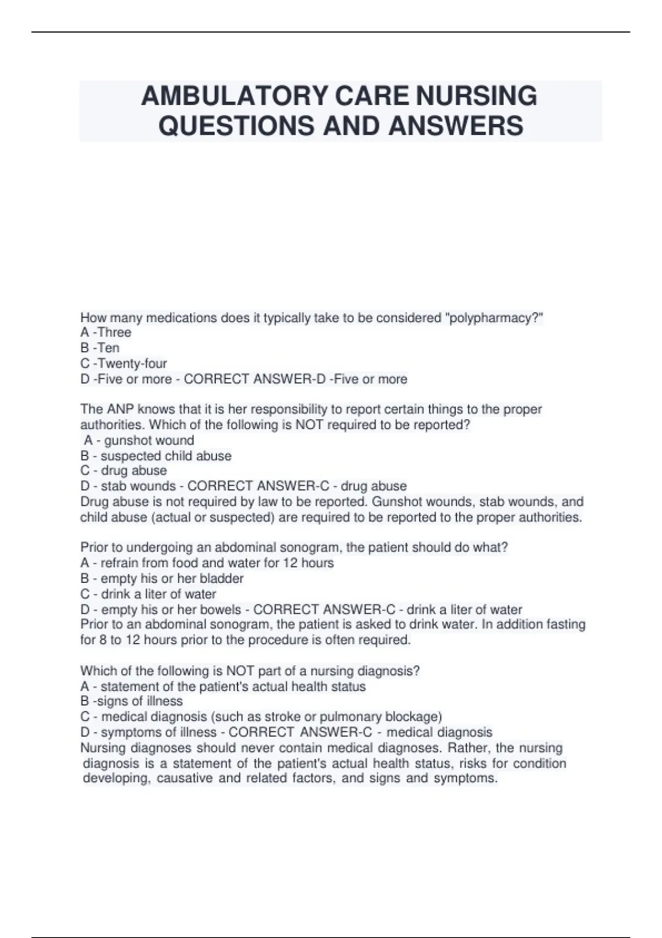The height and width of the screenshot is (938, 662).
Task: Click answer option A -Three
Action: click(106, 332)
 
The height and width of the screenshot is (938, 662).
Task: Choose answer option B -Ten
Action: click(100, 348)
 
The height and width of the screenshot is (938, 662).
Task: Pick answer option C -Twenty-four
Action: click(124, 363)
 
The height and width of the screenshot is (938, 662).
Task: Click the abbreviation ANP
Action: click(120, 409)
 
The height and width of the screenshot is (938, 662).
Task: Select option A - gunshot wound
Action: click(139, 440)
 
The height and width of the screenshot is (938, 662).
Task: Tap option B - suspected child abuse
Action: click(156, 456)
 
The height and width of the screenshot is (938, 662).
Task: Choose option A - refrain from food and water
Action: click(207, 563)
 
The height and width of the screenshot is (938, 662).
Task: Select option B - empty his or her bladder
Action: click(162, 578)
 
